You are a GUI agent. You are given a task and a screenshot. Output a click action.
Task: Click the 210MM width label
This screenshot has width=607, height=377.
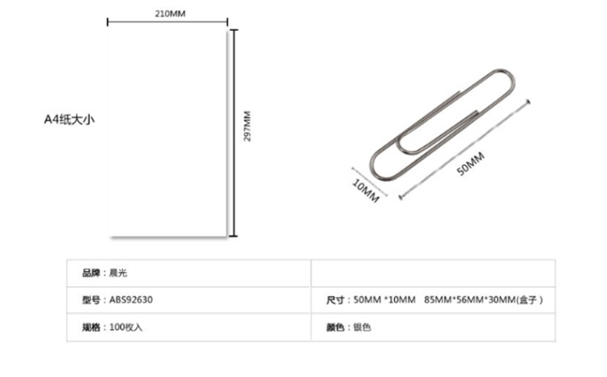coord(170,14)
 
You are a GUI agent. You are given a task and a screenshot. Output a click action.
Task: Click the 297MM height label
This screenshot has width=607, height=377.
coord(247,126)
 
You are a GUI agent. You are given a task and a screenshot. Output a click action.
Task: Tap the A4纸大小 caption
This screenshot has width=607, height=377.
coord(70,119)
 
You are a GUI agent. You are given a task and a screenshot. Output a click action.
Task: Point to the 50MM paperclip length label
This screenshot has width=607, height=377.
coord(470,163)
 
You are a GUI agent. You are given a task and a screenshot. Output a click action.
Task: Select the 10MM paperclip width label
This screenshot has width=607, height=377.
coord(366,190)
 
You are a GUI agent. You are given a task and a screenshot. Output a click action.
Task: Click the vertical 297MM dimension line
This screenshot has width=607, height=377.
coord(233,133)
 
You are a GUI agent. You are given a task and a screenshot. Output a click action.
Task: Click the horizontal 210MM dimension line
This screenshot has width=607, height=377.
coord(168,22)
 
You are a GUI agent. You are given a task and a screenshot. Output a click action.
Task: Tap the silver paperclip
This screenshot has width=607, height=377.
coord(443,125)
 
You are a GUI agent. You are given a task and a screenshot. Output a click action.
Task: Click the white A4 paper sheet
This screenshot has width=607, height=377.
coord(167,132)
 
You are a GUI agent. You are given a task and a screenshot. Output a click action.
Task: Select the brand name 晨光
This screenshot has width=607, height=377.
coord(118,273)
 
